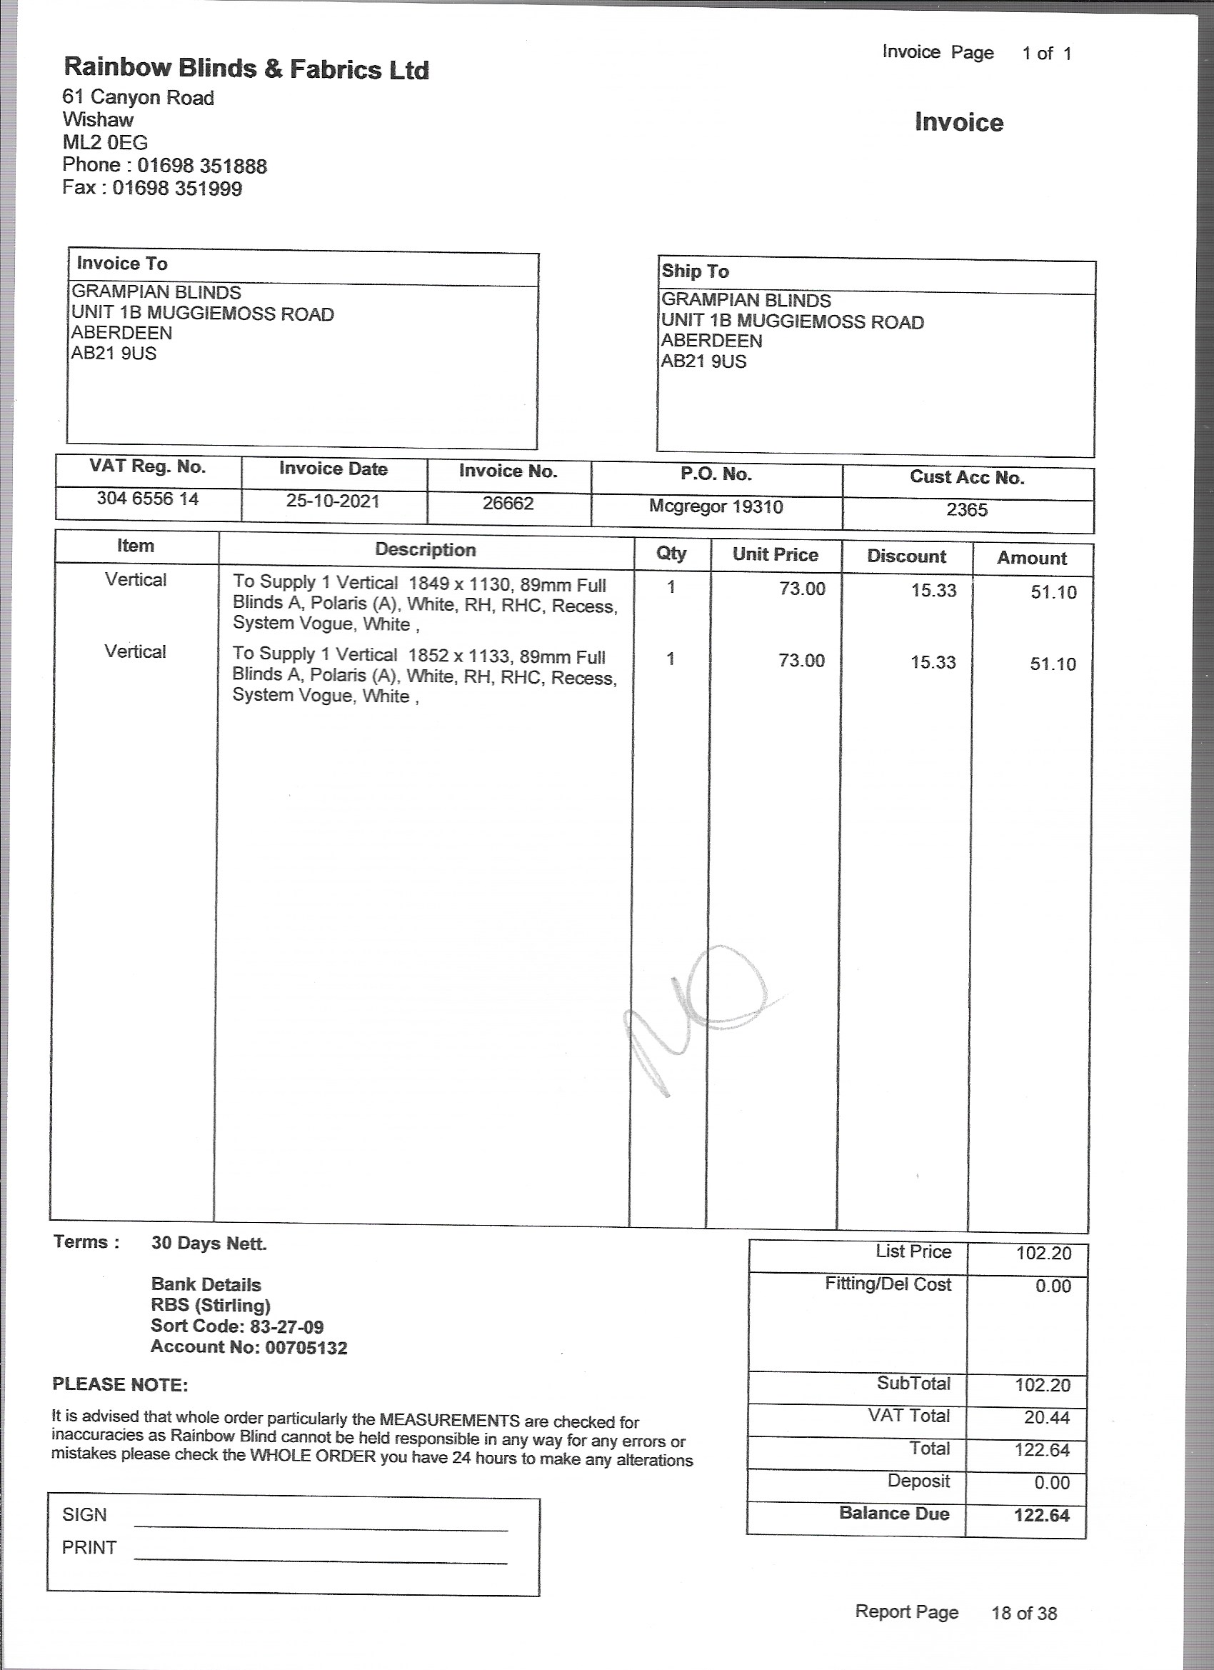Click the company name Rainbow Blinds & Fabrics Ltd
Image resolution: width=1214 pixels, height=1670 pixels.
pos(246,69)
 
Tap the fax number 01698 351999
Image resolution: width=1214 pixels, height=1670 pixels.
pos(176,189)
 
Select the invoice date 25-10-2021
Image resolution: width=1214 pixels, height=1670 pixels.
pos(333,501)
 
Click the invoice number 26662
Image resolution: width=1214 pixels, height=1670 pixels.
pos(508,504)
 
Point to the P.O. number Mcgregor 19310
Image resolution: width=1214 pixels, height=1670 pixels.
pos(716,506)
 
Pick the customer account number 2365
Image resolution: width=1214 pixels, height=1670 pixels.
pos(967,509)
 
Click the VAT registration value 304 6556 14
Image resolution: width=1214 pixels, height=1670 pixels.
pos(147,499)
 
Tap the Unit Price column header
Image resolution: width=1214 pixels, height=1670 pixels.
pos(776,554)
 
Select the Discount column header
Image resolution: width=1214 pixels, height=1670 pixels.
pos(906,556)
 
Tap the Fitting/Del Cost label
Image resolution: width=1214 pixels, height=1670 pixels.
pos(888,1284)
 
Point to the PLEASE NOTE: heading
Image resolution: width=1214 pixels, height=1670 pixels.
pos(120,1384)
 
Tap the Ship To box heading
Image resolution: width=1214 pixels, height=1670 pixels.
pos(695,271)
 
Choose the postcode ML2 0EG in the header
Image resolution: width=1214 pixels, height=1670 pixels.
pos(104,142)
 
